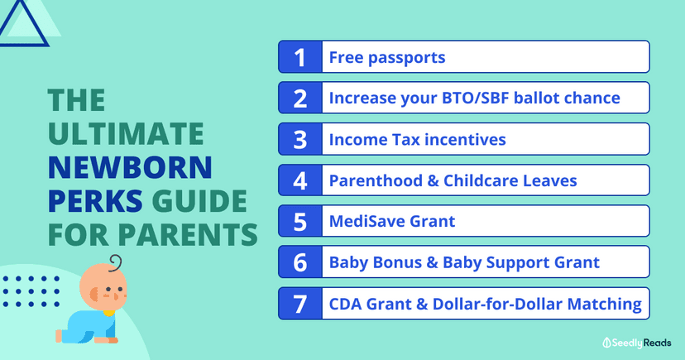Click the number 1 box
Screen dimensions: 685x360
click(300, 57)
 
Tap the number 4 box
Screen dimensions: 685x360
click(300, 180)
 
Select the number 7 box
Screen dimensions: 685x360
click(300, 304)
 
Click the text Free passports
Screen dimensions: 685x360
click(387, 58)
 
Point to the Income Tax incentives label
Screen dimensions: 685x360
click(417, 140)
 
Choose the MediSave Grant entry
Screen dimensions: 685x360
click(392, 222)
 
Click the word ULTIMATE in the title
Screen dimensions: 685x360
click(126, 134)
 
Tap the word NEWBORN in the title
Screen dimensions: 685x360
click(130, 167)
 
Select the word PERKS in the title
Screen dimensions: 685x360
click(95, 201)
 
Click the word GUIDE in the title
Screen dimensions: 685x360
click(199, 201)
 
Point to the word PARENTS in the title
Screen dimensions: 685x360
click(188, 234)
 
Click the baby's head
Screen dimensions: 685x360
click(103, 287)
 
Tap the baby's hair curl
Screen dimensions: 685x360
click(115, 263)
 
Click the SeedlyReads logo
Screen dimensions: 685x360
click(636, 343)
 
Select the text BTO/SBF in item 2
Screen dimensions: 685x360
click(476, 98)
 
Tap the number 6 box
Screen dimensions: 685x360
click(300, 262)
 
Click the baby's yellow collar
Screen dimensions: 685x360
click(108, 313)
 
